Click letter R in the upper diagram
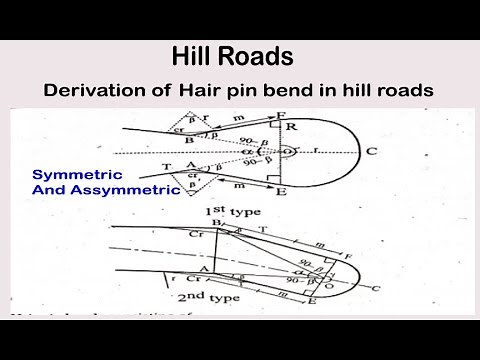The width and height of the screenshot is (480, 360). coord(290,128)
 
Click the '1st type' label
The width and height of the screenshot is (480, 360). coord(225,214)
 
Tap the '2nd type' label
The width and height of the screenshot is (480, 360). coord(229,298)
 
